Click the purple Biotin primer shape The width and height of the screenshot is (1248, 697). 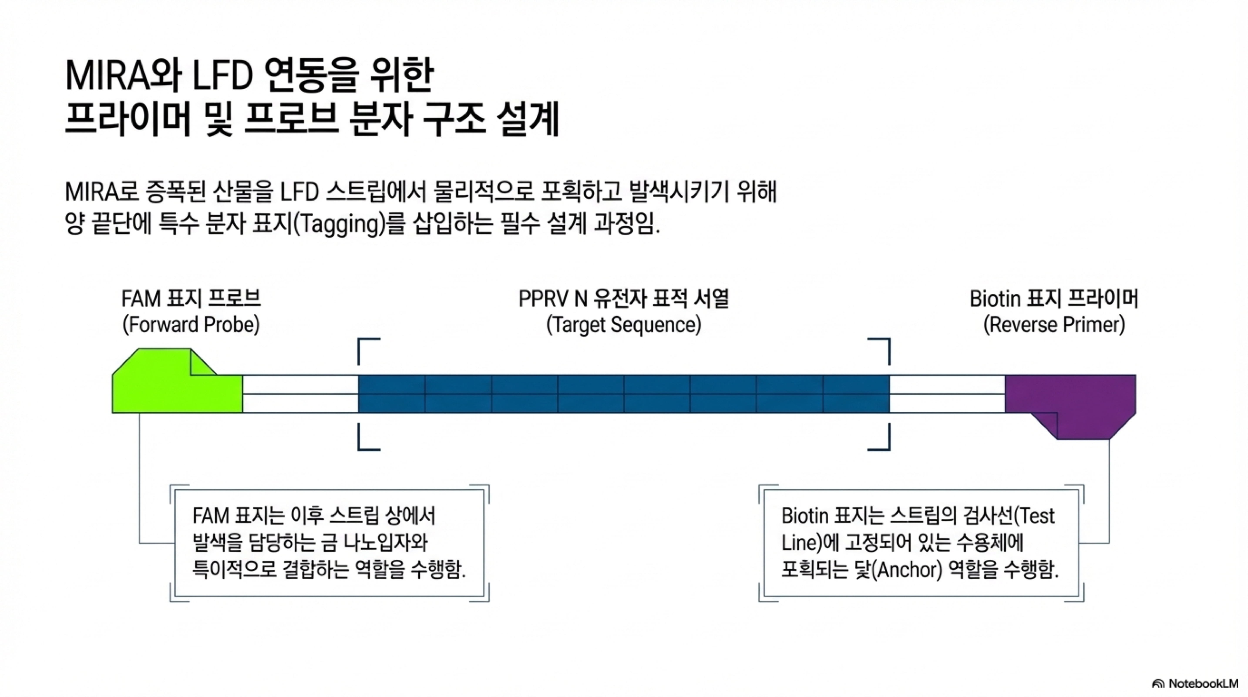coord(1071,402)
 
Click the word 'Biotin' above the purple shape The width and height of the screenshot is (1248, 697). coord(996,299)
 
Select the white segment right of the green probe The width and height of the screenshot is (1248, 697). coord(300,394)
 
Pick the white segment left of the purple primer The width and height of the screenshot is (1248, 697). coord(947,394)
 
